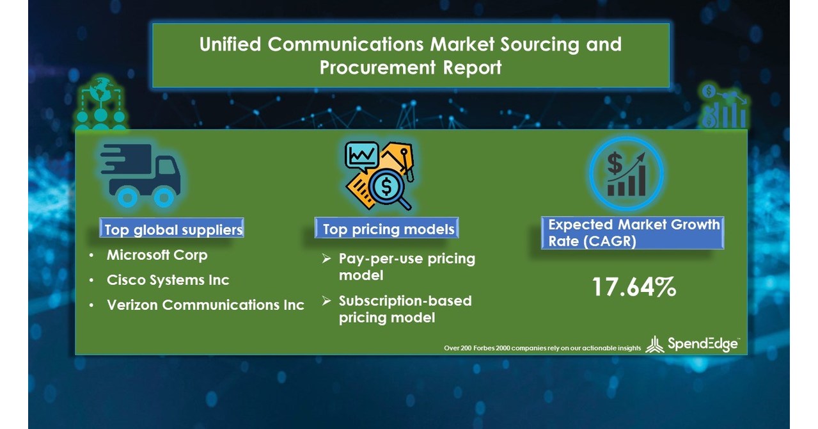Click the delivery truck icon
click(x=140, y=174)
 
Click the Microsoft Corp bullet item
click(x=157, y=255)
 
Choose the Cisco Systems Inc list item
click(x=168, y=280)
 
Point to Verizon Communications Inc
click(x=205, y=305)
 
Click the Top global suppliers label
click(x=173, y=229)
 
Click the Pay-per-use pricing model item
click(x=407, y=267)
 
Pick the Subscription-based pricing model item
click(x=405, y=309)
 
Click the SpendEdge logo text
click(x=702, y=344)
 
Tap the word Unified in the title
click(x=231, y=45)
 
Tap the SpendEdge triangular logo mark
click(x=654, y=345)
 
